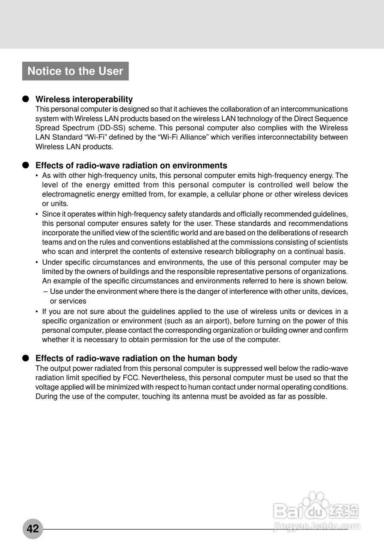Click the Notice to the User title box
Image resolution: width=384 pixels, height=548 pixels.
tap(75, 71)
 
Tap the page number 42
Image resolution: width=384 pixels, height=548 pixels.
tap(33, 529)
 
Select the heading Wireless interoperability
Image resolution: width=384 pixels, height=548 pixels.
tap(84, 99)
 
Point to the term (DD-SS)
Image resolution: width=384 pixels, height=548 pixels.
tap(111, 128)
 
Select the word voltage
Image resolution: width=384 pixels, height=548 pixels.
tap(47, 387)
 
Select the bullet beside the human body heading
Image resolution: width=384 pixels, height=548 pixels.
tap(25, 358)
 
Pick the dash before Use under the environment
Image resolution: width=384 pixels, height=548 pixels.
tap(45, 292)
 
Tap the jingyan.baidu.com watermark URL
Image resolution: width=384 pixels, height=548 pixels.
tap(317, 527)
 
